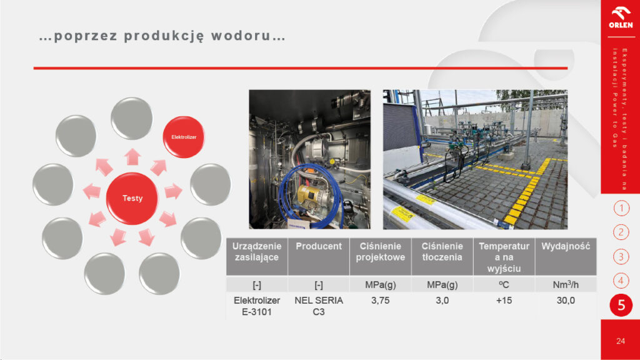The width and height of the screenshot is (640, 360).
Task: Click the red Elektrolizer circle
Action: [x=184, y=137]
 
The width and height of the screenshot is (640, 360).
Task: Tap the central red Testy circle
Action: [x=132, y=198]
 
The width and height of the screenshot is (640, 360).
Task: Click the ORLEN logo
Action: [x=621, y=17]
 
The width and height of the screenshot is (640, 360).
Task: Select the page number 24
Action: [x=621, y=341]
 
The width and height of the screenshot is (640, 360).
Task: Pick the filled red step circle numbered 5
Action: [x=621, y=305]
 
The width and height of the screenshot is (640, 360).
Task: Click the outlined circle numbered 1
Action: [x=621, y=208]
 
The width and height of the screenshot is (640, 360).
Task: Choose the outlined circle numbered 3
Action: [x=621, y=257]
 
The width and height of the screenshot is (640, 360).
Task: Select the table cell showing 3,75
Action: [x=381, y=301]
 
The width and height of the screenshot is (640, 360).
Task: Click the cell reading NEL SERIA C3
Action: [x=319, y=306]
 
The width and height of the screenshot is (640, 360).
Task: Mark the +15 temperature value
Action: [x=504, y=301]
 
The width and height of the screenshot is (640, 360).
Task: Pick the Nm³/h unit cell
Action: [x=566, y=284]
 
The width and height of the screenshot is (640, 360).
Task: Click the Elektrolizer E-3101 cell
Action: [x=257, y=306]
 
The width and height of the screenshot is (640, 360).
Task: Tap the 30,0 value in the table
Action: [x=566, y=301]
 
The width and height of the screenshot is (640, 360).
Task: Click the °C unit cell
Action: [x=504, y=284]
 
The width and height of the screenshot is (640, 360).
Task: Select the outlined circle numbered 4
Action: [x=621, y=281]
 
